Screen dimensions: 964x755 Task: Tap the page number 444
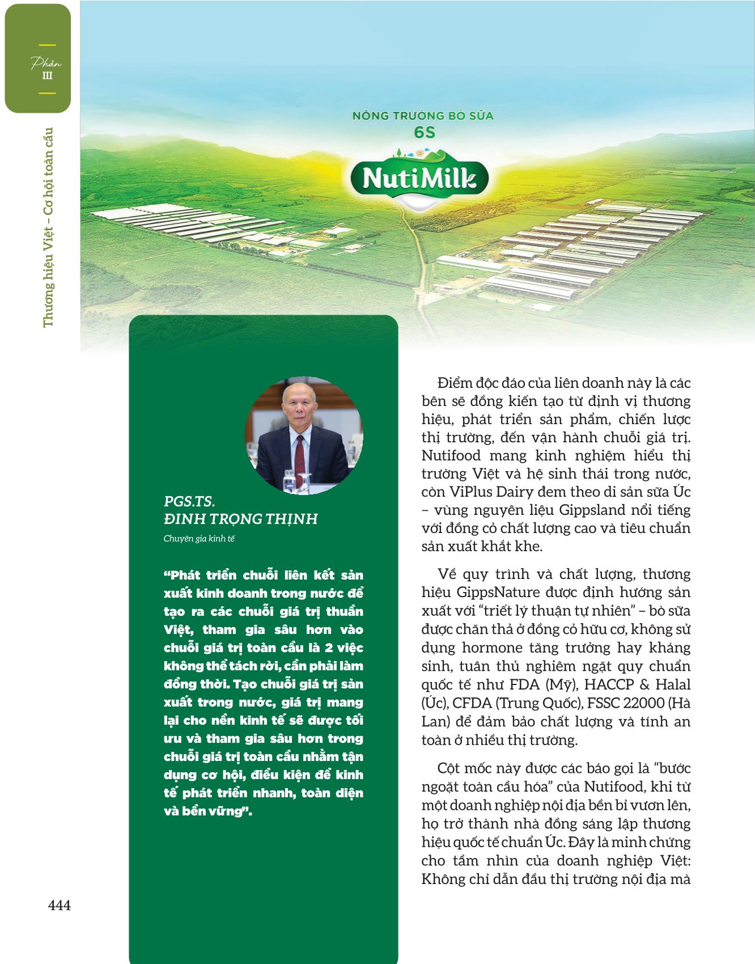pos(59,906)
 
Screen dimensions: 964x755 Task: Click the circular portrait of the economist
pos(304,435)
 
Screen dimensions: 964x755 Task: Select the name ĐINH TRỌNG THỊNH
pos(241,519)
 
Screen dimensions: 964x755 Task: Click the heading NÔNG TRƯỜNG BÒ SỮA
pos(423,116)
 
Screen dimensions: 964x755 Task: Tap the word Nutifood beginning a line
pos(451,455)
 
